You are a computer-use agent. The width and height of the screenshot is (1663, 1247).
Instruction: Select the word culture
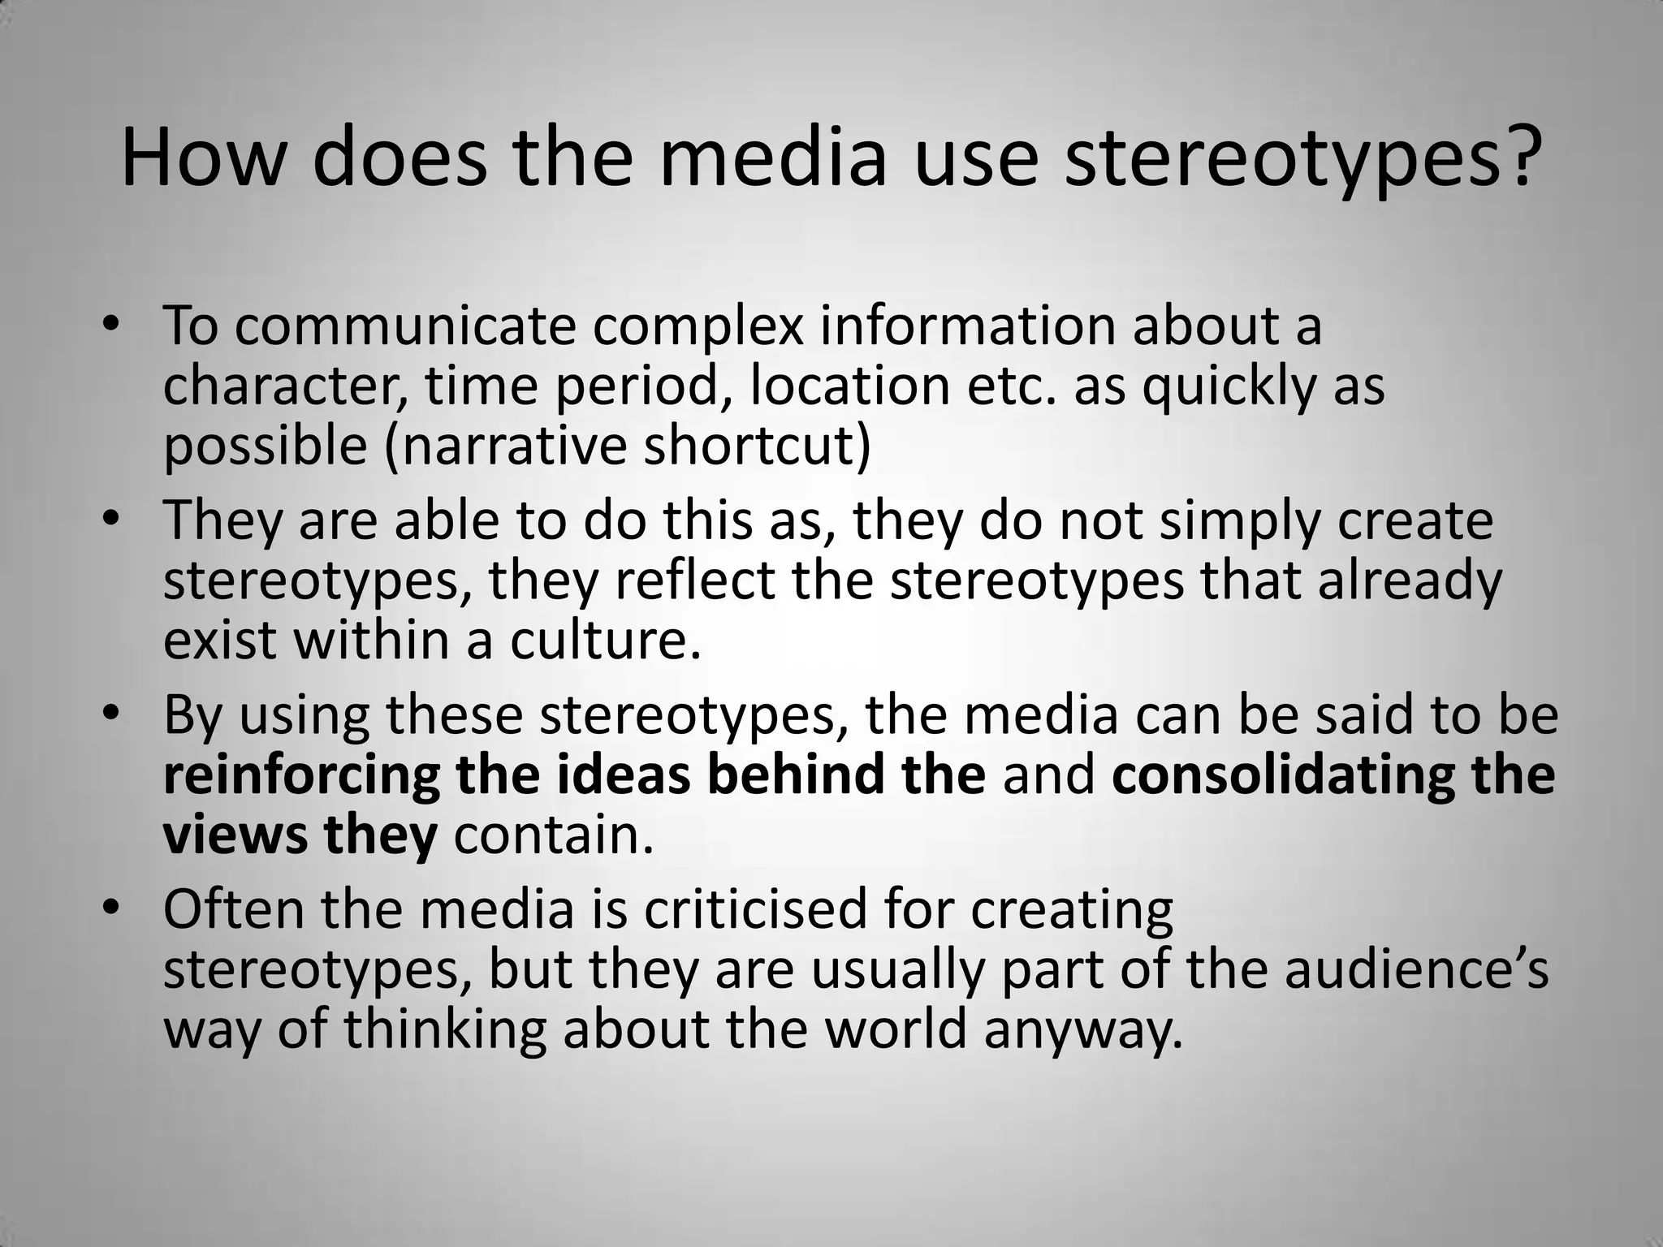click(604, 641)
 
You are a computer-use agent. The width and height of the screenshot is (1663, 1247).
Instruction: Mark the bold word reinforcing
click(301, 775)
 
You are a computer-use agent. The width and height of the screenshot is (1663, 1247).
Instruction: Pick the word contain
click(553, 835)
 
